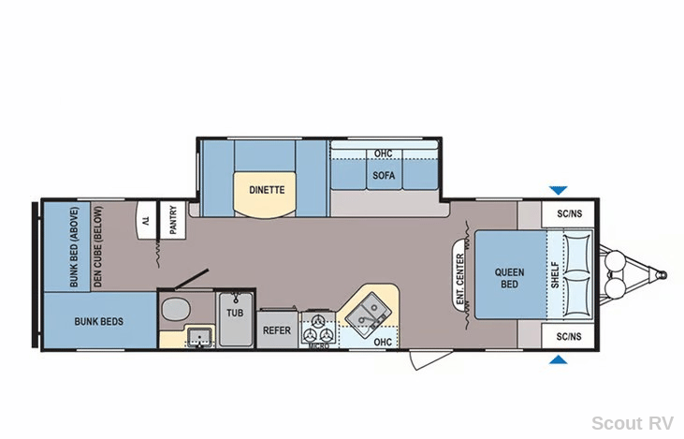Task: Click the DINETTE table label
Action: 267,190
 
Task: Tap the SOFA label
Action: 384,175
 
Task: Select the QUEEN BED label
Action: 509,278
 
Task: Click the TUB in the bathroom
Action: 236,319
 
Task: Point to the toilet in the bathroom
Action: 176,309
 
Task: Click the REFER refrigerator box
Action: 277,329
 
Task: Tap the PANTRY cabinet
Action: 173,219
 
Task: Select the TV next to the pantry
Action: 146,219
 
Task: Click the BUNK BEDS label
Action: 98,322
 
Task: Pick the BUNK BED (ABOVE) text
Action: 74,246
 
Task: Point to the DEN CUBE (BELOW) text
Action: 97,246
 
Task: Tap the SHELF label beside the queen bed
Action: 555,274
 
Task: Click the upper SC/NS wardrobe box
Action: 568,213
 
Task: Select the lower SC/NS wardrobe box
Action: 568,336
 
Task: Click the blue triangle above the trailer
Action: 558,190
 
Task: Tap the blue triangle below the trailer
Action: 558,359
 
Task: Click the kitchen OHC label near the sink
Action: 383,343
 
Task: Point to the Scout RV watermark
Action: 633,423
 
